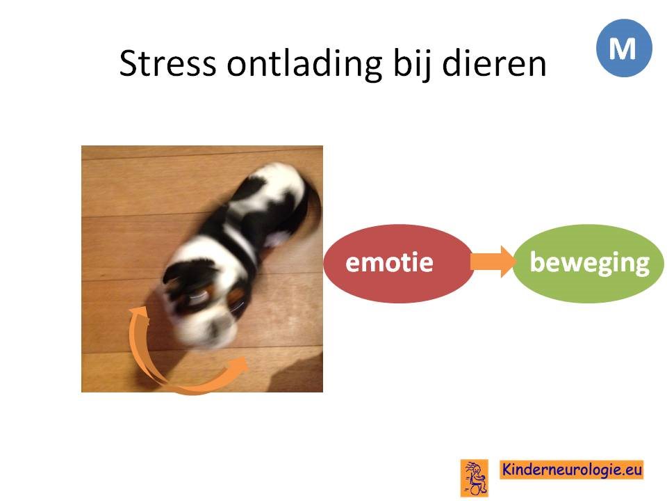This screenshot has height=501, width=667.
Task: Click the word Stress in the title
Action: pos(167,63)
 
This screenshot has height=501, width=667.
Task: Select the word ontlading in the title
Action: pos(304,64)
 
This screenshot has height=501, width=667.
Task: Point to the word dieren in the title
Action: pos(494,63)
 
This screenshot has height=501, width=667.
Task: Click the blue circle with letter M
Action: pos(624,48)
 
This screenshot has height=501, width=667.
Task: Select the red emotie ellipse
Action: pos(398,263)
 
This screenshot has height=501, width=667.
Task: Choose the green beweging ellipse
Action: pos(588,263)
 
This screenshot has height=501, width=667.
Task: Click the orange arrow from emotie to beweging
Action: pos(493,262)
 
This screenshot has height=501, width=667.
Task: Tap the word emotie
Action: pos(389,262)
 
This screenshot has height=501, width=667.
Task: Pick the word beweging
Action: pos(590,263)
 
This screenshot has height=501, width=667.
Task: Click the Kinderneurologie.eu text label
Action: pos(571,470)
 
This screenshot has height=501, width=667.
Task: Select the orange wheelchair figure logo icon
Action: pos(475,478)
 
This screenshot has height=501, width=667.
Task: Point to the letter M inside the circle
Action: pos(623,48)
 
